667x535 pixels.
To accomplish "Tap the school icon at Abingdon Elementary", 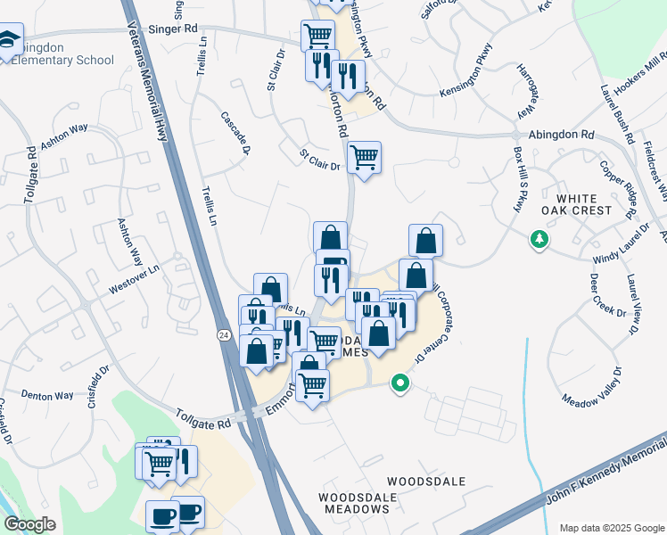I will coord(9,40).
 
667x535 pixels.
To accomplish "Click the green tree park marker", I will coord(539,239).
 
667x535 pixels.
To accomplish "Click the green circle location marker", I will coord(400,384).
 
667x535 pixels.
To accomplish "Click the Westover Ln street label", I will coord(134,266).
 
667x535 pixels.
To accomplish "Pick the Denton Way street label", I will coord(46,394).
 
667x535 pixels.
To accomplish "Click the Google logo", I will coord(30,524).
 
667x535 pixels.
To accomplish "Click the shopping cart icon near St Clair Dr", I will coord(364,158).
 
